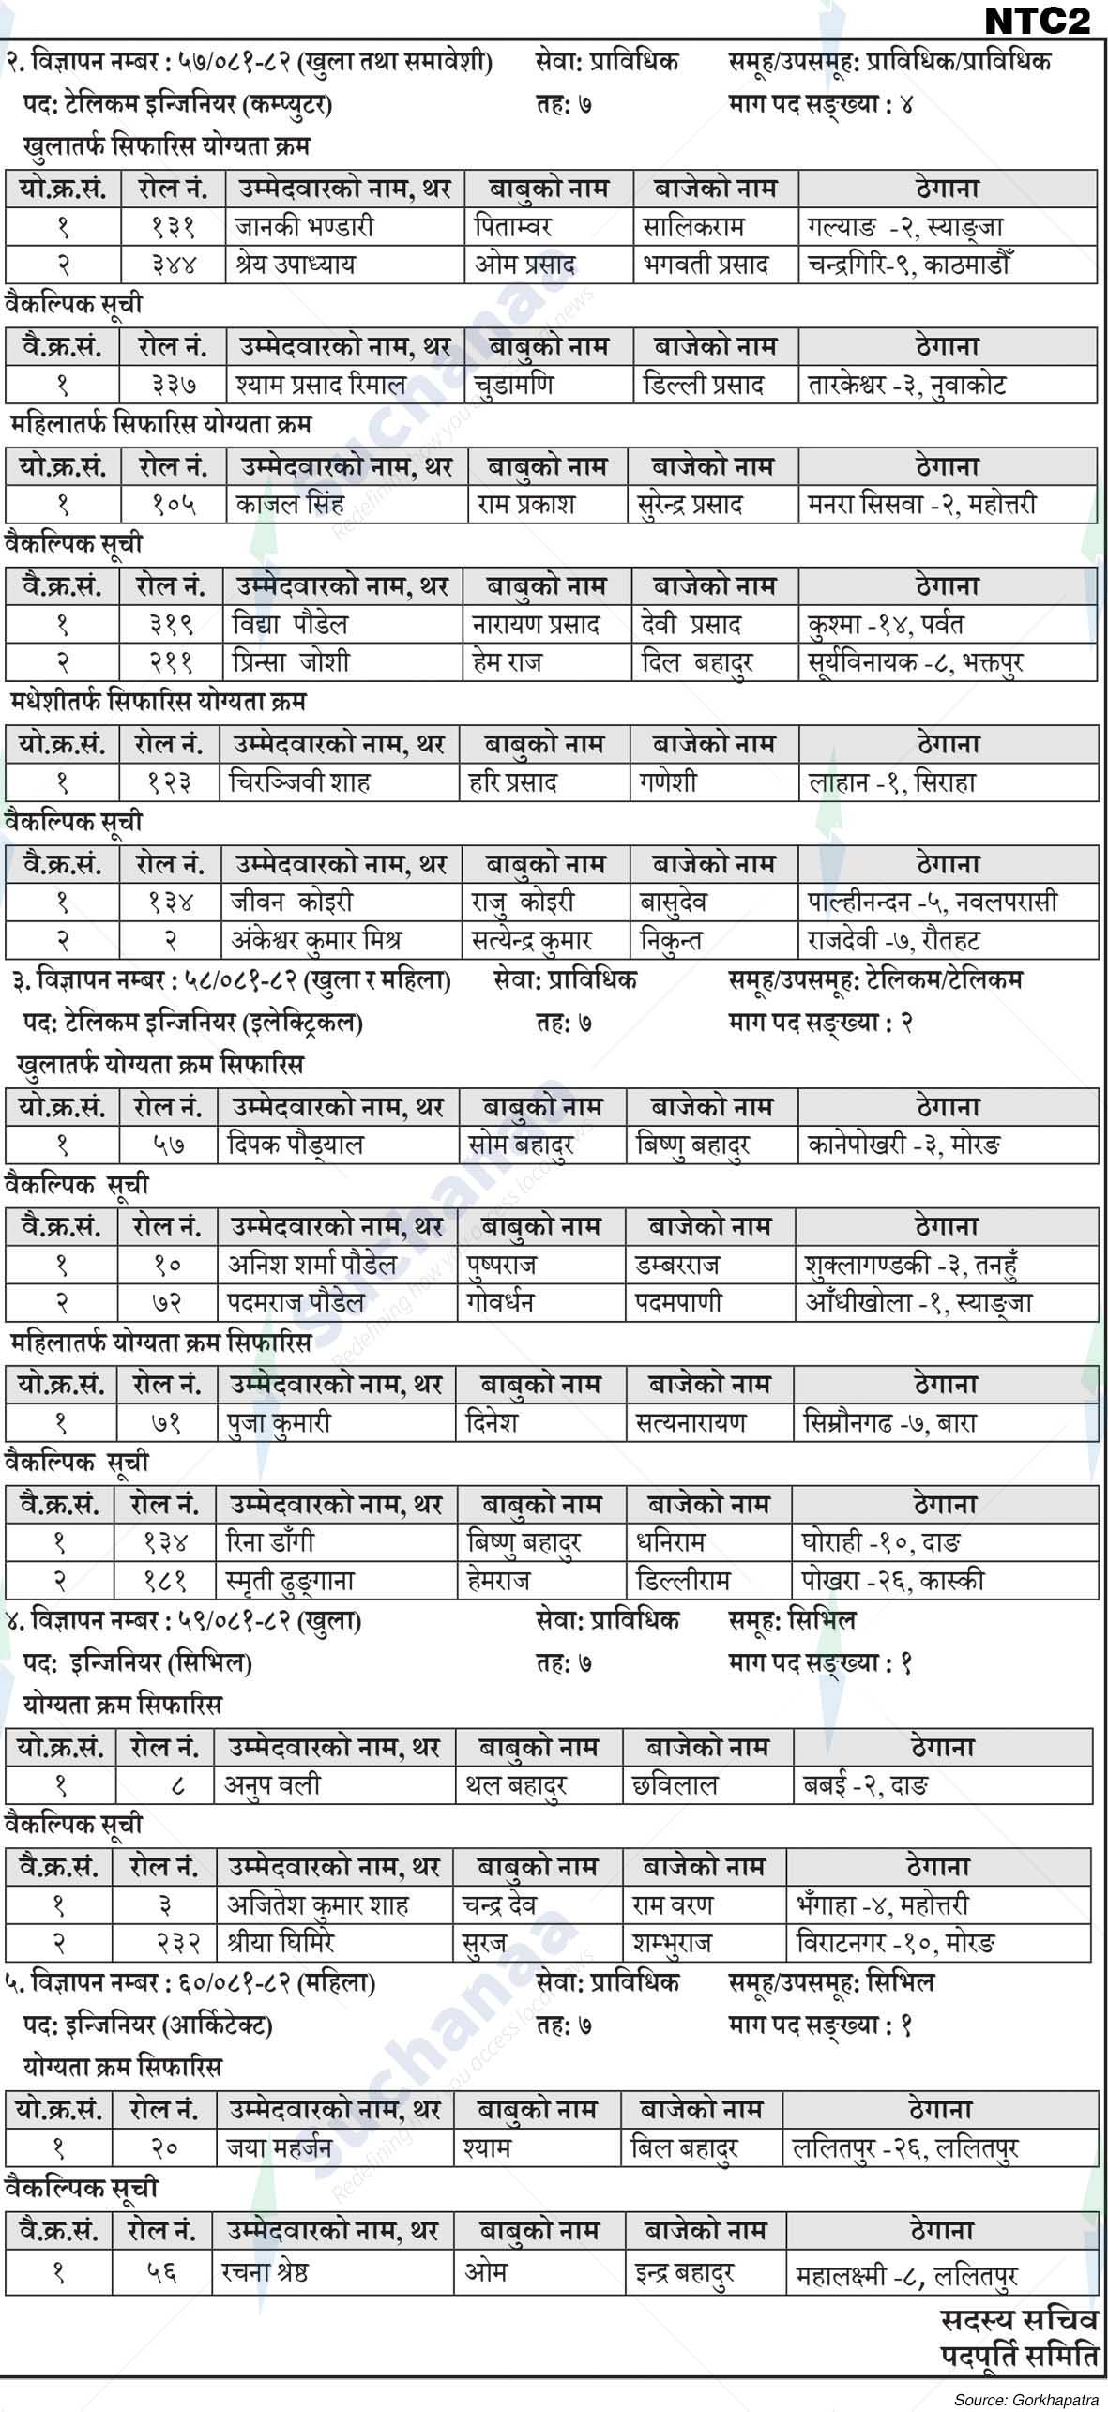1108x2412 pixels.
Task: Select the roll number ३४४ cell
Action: click(173, 265)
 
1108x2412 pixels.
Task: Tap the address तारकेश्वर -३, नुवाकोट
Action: click(906, 385)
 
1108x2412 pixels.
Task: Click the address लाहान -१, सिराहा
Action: click(892, 782)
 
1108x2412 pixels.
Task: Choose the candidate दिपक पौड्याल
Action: click(296, 1145)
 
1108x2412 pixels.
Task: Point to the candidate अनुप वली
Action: click(272, 1784)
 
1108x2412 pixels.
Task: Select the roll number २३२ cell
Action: click(170, 1942)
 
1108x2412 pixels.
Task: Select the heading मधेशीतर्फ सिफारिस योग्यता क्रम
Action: click(159, 702)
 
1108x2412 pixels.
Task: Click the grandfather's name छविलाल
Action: click(675, 1784)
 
